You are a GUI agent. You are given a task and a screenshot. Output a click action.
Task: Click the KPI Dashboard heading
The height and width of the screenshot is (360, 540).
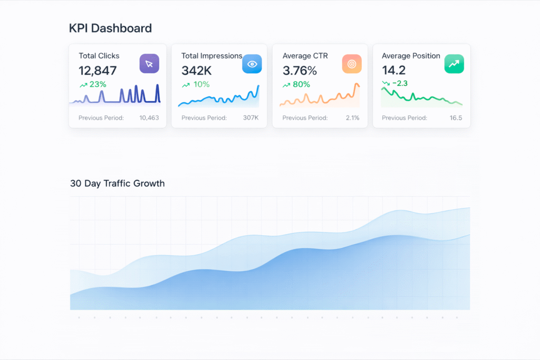point(110,28)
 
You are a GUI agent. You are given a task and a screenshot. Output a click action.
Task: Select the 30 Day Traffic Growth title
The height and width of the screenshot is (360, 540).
point(117,183)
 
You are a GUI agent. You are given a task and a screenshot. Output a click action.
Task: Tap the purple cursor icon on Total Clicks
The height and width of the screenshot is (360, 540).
point(149,64)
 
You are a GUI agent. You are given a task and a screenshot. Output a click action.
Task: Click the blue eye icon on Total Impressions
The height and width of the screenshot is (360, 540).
point(252,64)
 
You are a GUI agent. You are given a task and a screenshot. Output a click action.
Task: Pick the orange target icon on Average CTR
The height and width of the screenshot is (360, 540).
point(352,64)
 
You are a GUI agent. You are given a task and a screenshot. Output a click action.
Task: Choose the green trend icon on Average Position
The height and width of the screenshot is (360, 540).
point(454,64)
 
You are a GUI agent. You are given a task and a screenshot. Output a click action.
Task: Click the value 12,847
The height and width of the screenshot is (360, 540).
point(98,70)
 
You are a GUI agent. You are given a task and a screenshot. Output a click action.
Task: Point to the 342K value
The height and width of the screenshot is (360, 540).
point(196,70)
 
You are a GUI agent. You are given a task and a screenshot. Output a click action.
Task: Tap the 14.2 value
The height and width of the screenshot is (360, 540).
point(393,70)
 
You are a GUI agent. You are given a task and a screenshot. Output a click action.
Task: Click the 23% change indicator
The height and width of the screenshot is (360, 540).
point(93,84)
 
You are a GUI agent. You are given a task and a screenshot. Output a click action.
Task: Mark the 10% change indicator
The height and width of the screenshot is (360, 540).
point(195,84)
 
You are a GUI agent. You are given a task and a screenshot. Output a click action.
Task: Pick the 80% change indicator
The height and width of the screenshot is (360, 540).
point(296,84)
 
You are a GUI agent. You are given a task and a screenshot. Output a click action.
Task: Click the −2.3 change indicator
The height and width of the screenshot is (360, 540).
point(394,83)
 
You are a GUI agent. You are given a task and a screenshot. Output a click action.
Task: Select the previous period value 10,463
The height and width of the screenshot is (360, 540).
point(149,118)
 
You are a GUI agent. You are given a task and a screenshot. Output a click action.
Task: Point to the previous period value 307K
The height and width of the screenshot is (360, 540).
point(250,118)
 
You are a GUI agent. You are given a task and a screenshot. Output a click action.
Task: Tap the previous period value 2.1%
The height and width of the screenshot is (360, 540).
point(352,118)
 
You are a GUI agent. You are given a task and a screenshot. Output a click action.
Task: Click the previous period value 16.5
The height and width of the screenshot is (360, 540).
point(456,118)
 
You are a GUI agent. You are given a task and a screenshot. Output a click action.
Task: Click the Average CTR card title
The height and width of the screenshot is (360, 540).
point(305,56)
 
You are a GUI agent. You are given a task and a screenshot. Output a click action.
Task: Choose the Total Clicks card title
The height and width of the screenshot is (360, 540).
point(99,56)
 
